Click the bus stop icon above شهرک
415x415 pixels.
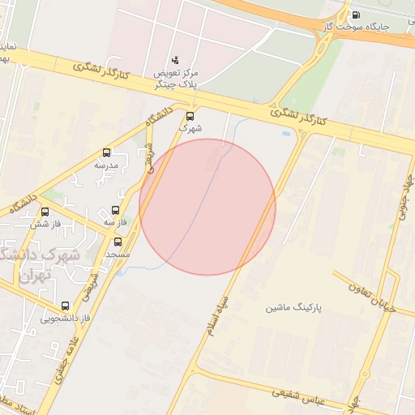point(190,116)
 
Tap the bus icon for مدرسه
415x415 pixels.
point(106,152)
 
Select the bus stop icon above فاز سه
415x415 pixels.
point(115,210)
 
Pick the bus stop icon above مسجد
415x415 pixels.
point(118,242)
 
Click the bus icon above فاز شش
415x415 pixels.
point(45,212)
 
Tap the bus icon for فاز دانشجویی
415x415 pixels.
point(66,306)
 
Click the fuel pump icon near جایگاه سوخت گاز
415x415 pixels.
point(357,15)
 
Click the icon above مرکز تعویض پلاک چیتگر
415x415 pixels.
point(176,60)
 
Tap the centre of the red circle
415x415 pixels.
point(207,207)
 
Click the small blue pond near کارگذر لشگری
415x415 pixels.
point(286,133)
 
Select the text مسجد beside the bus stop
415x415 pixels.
point(118,255)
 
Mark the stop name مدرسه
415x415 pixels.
point(106,165)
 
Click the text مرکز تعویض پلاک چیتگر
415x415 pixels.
point(177,79)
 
